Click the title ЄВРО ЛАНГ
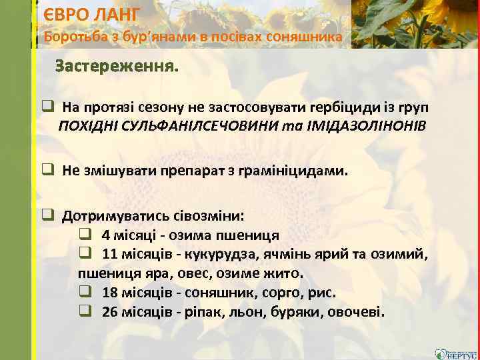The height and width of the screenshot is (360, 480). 91,14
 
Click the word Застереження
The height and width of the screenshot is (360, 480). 117,67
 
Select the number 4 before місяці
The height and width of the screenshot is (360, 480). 106,235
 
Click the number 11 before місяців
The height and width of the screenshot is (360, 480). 110,255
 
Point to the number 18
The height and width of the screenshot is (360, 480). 110,293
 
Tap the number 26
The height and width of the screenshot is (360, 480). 110,312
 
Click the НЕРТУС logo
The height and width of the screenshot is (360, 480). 455,353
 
